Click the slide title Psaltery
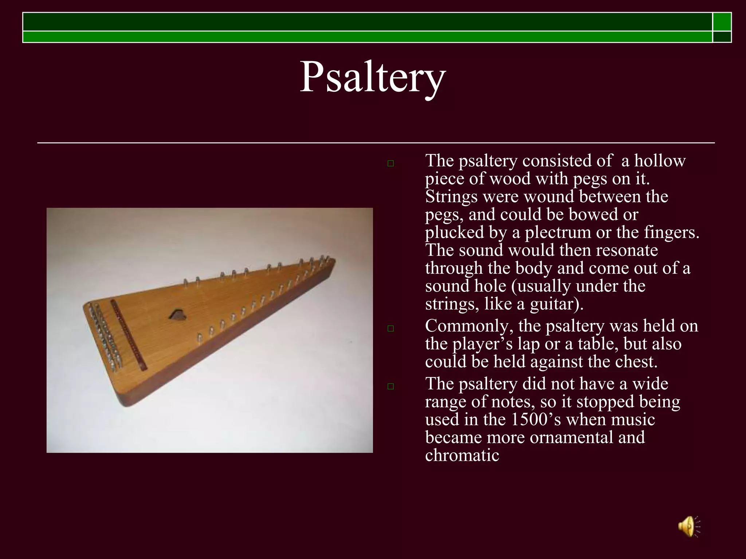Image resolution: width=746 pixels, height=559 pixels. [x=372, y=78]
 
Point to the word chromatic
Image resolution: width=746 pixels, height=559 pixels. [x=462, y=455]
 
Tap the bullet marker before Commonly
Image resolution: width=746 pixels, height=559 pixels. [x=391, y=329]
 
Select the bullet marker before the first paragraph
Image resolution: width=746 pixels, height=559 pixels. [x=391, y=164]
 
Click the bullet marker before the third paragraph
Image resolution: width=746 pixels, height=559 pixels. [x=391, y=386]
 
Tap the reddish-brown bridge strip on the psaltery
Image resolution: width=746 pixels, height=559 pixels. [x=128, y=334]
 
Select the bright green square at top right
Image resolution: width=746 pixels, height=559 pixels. [x=722, y=22]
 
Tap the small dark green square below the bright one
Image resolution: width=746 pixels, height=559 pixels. [x=722, y=37]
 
